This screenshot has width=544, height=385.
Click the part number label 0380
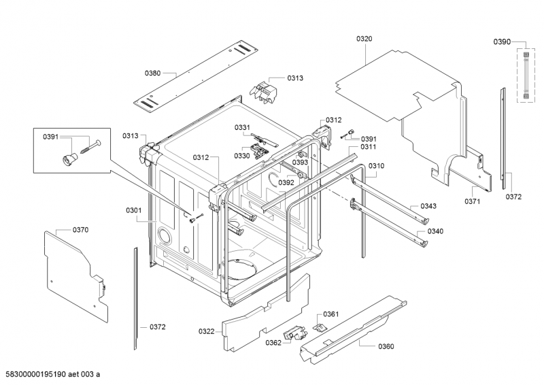click(x=152, y=73)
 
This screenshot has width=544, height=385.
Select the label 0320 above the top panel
click(x=364, y=39)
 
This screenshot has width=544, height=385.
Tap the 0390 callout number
click(x=502, y=41)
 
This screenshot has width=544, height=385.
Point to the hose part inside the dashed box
click(x=526, y=76)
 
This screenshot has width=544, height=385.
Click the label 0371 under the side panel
click(x=473, y=201)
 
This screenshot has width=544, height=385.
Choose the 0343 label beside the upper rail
click(x=428, y=206)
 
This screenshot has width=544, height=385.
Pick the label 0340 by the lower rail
click(x=435, y=231)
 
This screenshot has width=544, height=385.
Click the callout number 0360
click(x=386, y=346)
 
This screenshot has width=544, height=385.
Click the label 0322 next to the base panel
click(x=207, y=331)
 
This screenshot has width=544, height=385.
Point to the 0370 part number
click(x=80, y=230)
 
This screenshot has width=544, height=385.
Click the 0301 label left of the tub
click(x=133, y=210)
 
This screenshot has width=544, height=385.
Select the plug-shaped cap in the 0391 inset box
click(x=69, y=158)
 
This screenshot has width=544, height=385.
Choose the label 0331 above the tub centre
click(x=242, y=127)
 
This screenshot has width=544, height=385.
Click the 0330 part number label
click(x=242, y=156)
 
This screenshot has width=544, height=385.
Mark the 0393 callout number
click(x=300, y=162)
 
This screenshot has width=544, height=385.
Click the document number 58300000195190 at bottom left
click(x=36, y=374)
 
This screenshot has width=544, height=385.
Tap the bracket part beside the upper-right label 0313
click(x=264, y=92)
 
